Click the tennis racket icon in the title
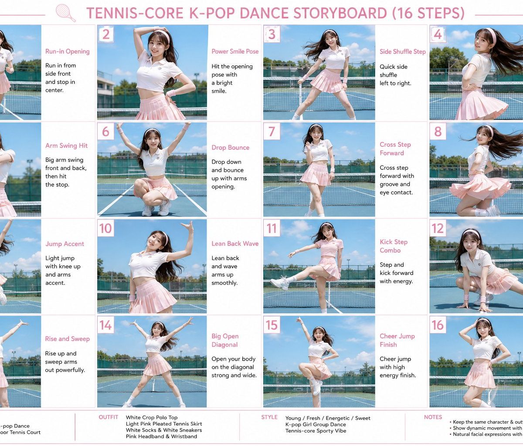65,13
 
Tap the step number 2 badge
106,34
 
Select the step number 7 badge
272,131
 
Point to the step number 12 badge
438,228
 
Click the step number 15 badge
272,324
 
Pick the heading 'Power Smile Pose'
235,51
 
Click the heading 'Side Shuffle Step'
403,51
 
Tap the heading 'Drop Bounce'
231,147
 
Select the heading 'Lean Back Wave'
235,243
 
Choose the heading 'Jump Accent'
65,244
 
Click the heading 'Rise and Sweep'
67,339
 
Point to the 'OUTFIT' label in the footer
109,417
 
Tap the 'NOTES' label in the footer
433,417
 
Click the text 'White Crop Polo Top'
152,417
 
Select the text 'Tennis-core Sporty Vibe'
316,431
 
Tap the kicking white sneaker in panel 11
279,283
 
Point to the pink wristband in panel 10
132,298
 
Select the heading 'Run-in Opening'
68,51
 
